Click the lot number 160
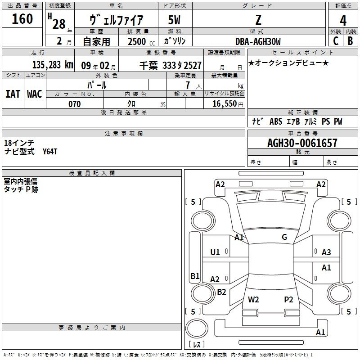pyautogui.click(x=22, y=19)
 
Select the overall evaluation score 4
pyautogui.click(x=343, y=20)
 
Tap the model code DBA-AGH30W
pyautogui.click(x=258, y=41)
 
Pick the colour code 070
pyautogui.click(x=74, y=104)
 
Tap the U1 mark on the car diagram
pyautogui.click(x=215, y=252)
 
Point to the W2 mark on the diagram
pyautogui.click(x=253, y=299)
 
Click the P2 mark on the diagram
pyautogui.click(x=288, y=299)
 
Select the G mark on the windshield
pyautogui.click(x=284, y=237)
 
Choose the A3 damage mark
pyautogui.click(x=326, y=252)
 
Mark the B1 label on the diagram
pyautogui.click(x=195, y=276)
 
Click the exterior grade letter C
pyautogui.click(x=335, y=41)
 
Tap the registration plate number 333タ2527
pyautogui.click(x=182, y=65)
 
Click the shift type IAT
pyautogui.click(x=13, y=94)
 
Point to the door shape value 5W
pyautogui.click(x=175, y=20)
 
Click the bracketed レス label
pyautogui.click(x=197, y=345)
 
